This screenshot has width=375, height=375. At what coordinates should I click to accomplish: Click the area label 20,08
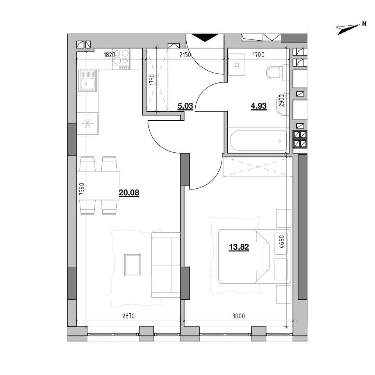pos(129,193)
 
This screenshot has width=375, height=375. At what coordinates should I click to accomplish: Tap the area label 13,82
pos(239,247)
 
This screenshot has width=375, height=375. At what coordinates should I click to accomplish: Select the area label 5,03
pos(185,106)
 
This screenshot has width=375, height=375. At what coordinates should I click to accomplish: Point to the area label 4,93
pos(259,106)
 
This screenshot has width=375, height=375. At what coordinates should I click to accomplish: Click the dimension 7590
pos(82,189)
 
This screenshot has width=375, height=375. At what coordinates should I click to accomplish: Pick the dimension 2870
pos(129,316)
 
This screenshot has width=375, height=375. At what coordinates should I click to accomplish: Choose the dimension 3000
pos(238,316)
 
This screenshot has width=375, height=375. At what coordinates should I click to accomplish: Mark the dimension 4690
pos(282,241)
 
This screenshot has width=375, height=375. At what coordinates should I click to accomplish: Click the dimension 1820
pos(109,55)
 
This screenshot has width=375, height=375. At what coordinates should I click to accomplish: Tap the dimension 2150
pos(185,55)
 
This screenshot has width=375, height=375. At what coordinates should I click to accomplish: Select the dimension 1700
pos(259,55)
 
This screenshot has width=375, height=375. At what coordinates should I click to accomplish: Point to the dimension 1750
pos(152,80)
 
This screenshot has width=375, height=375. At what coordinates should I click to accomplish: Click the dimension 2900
pos(282,101)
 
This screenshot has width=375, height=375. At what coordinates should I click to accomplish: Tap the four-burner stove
pos(121,59)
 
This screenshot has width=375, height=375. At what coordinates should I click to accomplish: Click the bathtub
pos(259,141)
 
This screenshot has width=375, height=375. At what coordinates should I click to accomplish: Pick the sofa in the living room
pos(166,265)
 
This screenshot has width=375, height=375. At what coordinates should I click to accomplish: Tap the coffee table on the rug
pos(132,265)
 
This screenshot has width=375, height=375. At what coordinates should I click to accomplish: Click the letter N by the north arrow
pos(364,24)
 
